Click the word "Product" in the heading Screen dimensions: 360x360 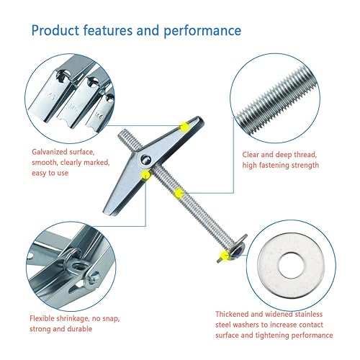(55, 30)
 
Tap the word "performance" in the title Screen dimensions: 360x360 (202, 31)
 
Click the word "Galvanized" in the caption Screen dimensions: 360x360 (50, 152)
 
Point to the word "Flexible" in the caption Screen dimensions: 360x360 (42, 318)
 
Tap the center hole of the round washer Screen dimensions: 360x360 (291, 266)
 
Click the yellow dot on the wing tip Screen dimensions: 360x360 (184, 127)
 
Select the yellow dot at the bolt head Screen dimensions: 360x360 (225, 256)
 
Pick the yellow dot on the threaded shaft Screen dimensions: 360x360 (179, 193)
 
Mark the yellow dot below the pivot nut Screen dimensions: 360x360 (145, 175)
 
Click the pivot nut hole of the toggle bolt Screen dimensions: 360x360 (145, 160)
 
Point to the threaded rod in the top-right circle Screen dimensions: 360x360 (276, 100)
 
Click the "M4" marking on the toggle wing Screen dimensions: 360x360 (98, 115)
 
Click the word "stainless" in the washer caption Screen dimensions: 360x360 (308, 314)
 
